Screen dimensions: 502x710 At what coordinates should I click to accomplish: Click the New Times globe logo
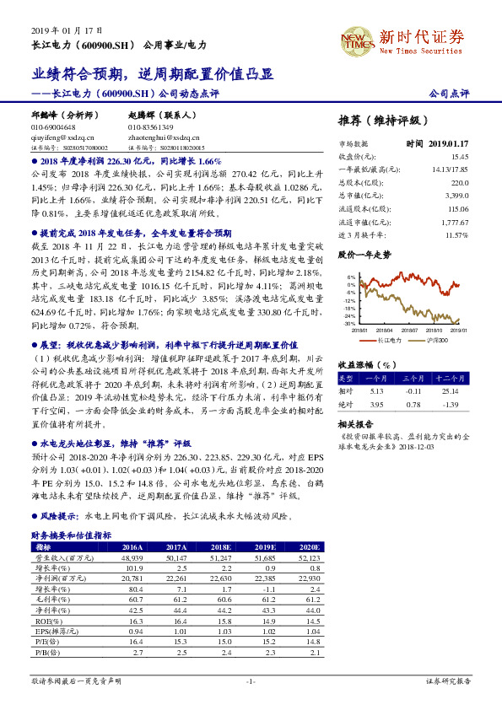click(x=355, y=40)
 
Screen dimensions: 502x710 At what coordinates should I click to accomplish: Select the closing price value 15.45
click(x=459, y=157)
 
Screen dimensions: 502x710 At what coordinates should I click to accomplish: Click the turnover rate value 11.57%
click(x=456, y=234)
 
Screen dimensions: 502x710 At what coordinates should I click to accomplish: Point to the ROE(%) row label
click(x=44, y=622)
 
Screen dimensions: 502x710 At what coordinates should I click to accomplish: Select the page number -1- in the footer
click(x=251, y=681)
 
